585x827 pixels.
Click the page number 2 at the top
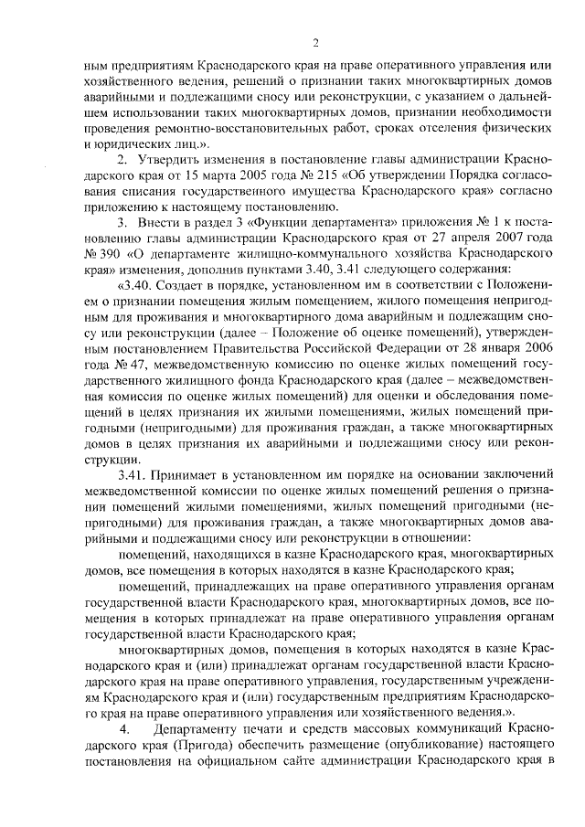point(314,42)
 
